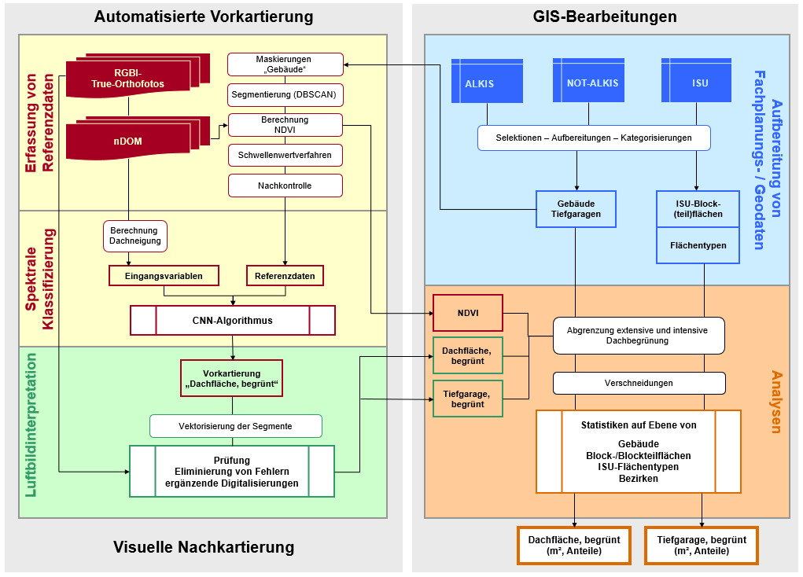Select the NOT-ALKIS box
pos(592,82)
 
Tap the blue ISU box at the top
pos(699,82)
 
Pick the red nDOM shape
pos(127,141)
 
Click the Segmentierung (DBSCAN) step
pos(285,94)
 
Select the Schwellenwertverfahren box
pos(285,156)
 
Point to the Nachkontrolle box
pos(285,186)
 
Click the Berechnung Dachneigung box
pos(135,236)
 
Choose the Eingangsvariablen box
pos(164,276)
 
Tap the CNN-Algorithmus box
pos(233,320)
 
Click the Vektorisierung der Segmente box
pos(236,426)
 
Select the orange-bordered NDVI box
pos(468,314)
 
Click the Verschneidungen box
pos(639,383)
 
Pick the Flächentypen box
pos(698,245)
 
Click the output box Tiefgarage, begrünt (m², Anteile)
pos(702,546)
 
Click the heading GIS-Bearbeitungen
pos(604,17)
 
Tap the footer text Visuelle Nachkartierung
pos(204,547)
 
